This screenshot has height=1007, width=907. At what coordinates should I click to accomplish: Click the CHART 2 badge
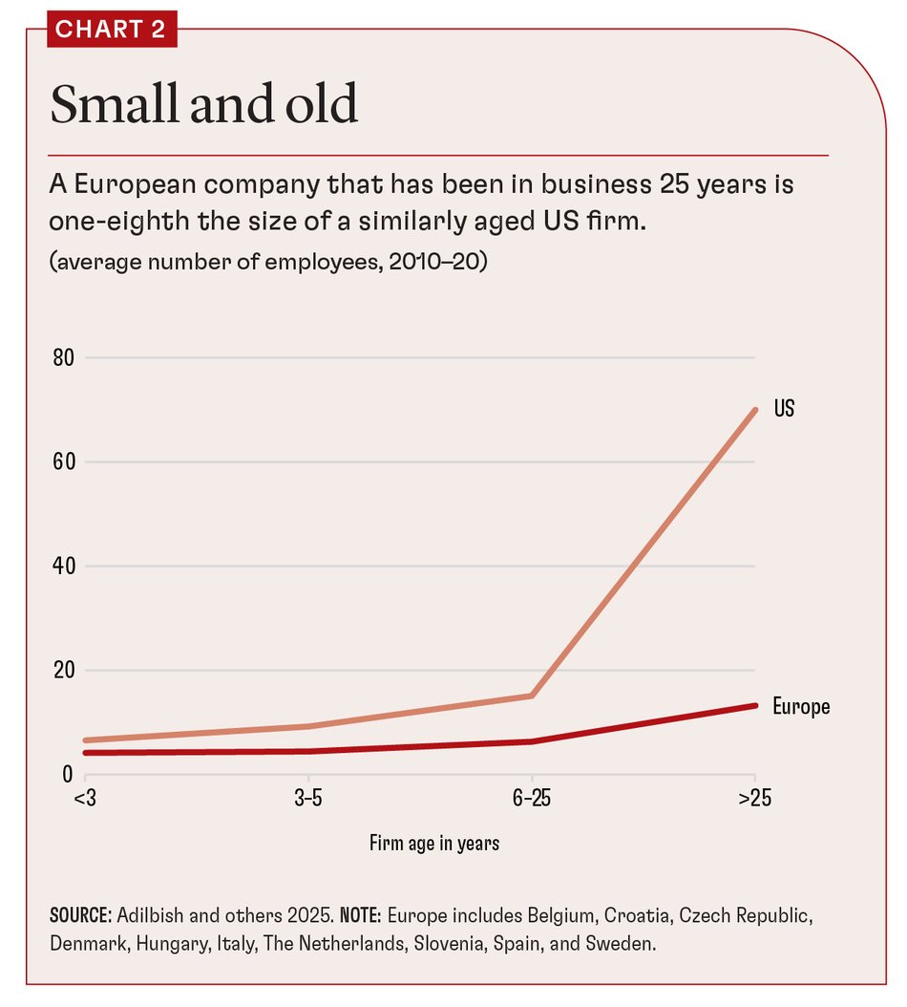pyautogui.click(x=111, y=29)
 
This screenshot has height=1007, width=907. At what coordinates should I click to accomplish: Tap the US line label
pyautogui.click(x=784, y=409)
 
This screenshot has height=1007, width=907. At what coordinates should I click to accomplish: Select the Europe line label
pyautogui.click(x=801, y=707)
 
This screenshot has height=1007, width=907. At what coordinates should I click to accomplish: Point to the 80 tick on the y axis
pyautogui.click(x=64, y=358)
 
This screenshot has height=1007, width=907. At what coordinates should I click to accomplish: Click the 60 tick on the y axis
pyautogui.click(x=64, y=462)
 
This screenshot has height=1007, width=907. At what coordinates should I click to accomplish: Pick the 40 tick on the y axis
pyautogui.click(x=64, y=567)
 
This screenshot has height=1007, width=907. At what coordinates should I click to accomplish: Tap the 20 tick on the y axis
pyautogui.click(x=64, y=671)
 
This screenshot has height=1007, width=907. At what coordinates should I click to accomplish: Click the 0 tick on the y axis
pyautogui.click(x=69, y=775)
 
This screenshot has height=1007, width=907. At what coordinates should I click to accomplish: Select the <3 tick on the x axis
pyautogui.click(x=85, y=800)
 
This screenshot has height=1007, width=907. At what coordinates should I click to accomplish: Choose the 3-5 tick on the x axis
pyautogui.click(x=307, y=800)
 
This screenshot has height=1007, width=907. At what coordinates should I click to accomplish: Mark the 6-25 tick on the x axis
pyautogui.click(x=531, y=800)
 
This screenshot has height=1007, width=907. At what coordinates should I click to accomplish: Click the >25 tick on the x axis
pyautogui.click(x=754, y=800)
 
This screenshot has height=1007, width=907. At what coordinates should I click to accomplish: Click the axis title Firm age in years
pyautogui.click(x=434, y=844)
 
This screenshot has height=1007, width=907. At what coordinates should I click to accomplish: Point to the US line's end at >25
pyautogui.click(x=755, y=410)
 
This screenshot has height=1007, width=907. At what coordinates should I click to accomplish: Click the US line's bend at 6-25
pyautogui.click(x=532, y=696)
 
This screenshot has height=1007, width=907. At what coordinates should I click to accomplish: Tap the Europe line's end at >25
pyautogui.click(x=755, y=705)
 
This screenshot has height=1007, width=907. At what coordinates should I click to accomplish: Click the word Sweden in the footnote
pyautogui.click(x=625, y=944)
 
